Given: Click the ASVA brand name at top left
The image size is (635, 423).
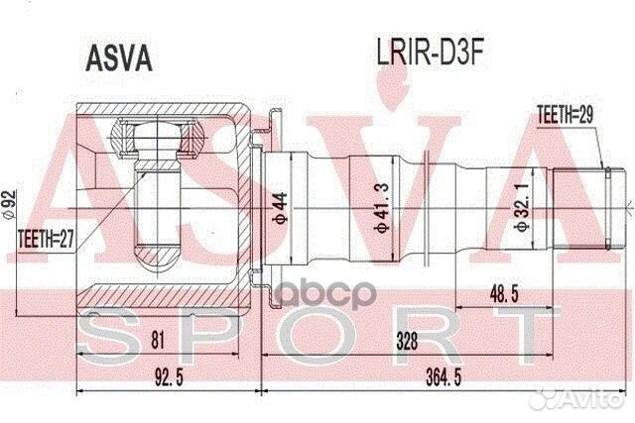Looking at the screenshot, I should [115, 56].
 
